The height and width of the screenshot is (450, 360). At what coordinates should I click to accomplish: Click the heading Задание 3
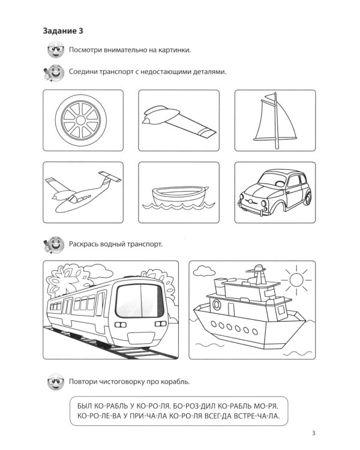(63, 31)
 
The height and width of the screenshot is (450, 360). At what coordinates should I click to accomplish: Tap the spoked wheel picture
(81, 120)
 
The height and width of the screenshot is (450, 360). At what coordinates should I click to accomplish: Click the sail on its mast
(275, 121)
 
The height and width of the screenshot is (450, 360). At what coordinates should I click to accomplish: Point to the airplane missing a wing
(83, 192)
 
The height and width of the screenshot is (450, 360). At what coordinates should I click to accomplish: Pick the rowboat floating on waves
(179, 197)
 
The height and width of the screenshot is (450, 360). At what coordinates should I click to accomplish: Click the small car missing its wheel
(274, 192)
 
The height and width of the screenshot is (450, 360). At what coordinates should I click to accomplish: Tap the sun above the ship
(296, 279)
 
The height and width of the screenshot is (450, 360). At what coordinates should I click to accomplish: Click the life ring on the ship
(217, 305)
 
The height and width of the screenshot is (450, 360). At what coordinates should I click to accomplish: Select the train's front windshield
(140, 301)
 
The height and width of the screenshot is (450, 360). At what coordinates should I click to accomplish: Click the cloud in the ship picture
(205, 270)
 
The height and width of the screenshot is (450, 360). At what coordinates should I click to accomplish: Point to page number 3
(314, 433)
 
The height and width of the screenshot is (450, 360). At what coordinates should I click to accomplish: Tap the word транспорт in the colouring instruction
(145, 244)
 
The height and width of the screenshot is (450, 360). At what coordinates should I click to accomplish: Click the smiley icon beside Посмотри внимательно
(56, 49)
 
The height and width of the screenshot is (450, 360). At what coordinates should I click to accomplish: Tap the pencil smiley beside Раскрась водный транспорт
(53, 245)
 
